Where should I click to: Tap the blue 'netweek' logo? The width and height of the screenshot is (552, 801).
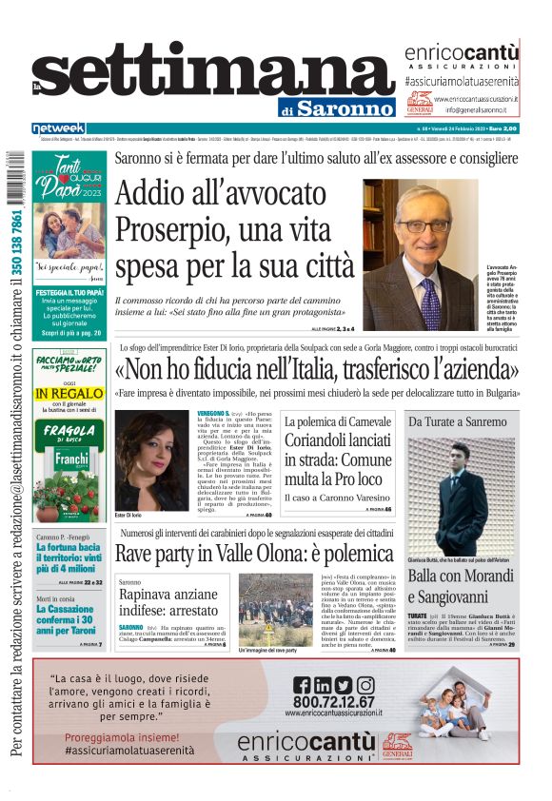[x=58, y=127]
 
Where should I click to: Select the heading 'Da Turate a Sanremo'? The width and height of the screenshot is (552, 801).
[x=457, y=420]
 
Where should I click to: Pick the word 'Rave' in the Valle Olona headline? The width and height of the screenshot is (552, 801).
[x=133, y=553]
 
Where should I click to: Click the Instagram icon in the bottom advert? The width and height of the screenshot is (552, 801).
[x=365, y=684]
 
